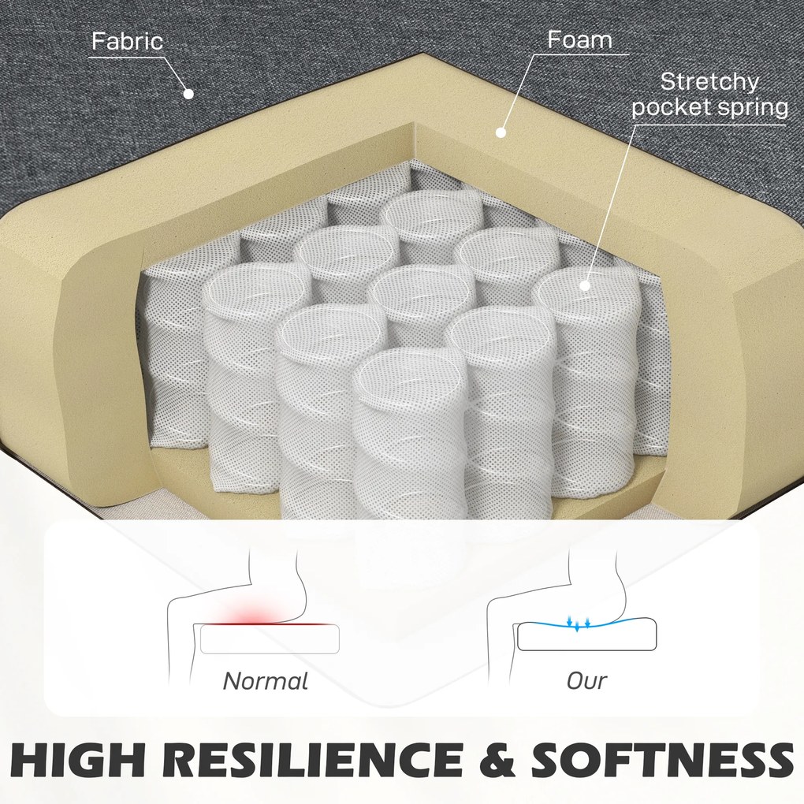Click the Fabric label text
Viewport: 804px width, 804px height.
[127, 41]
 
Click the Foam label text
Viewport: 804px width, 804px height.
[579, 39]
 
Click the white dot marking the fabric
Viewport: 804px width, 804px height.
[188, 94]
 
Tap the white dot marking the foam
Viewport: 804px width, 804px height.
[501, 132]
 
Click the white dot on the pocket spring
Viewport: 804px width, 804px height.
[585, 285]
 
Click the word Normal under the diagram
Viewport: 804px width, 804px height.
[266, 681]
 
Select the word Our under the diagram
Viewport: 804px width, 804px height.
[586, 681]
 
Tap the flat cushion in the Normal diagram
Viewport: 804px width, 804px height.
[270, 639]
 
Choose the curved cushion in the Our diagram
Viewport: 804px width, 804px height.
[586, 635]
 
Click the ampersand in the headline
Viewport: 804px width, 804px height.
[497, 761]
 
